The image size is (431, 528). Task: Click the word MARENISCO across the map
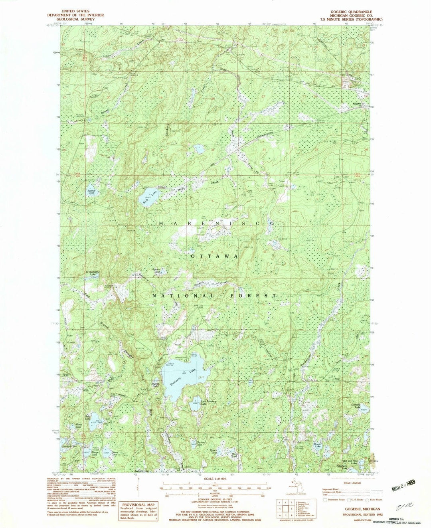(216, 224)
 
